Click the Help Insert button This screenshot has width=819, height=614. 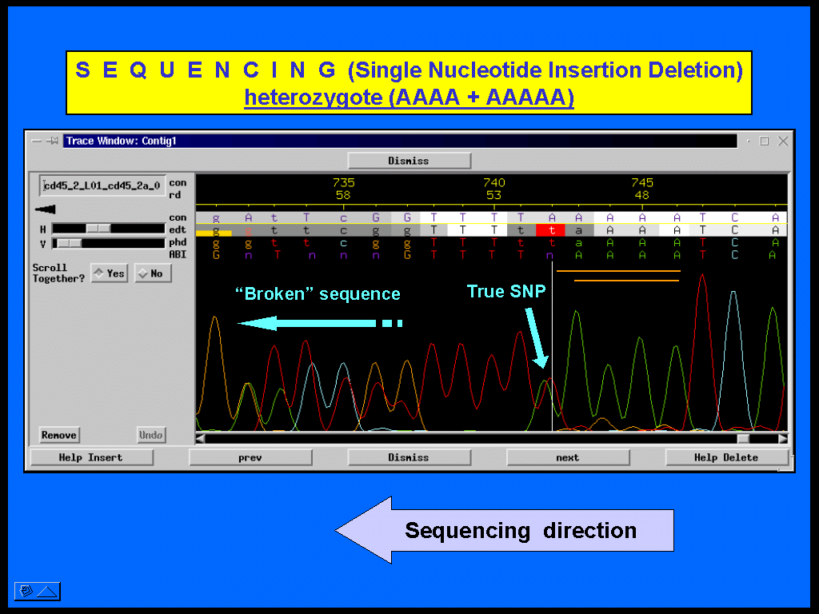tap(91, 457)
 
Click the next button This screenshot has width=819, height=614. tap(568, 457)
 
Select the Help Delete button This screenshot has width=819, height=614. tap(726, 457)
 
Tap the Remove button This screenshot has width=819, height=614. tap(59, 435)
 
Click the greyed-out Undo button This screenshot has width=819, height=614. tap(151, 435)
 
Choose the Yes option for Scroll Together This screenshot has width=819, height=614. tap(109, 273)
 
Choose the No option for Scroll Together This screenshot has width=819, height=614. tap(153, 273)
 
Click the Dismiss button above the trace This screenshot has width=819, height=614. tap(409, 161)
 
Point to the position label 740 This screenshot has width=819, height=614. tap(493, 183)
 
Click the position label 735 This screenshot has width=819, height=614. tap(343, 183)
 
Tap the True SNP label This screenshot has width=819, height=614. tap(506, 291)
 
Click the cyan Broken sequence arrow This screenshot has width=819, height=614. tap(320, 323)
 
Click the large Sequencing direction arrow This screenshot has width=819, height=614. tap(504, 530)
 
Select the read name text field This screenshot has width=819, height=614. tap(102, 185)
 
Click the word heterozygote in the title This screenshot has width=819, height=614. tap(313, 97)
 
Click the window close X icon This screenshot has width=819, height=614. tap(782, 141)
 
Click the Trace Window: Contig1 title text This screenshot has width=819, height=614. tap(122, 141)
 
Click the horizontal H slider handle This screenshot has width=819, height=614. tap(98, 229)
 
